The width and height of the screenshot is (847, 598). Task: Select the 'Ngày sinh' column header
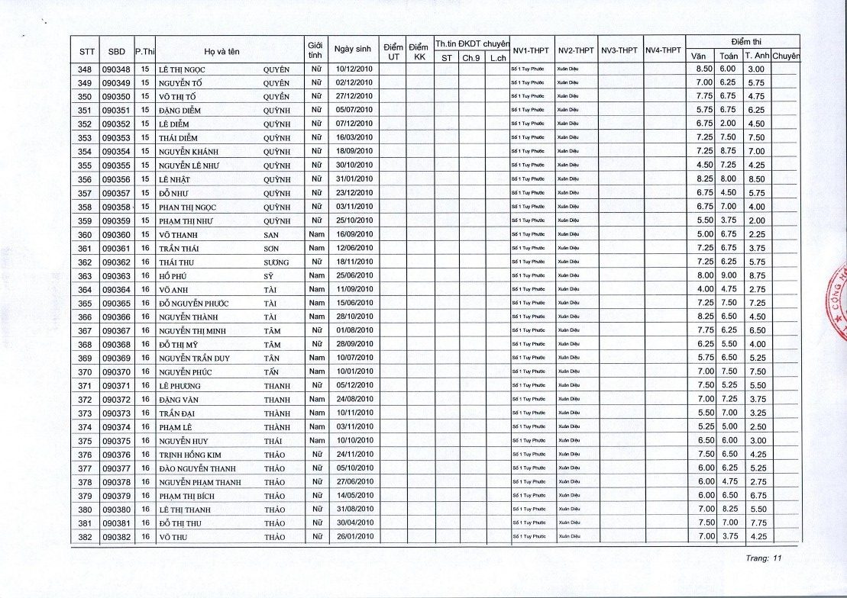click(x=353, y=50)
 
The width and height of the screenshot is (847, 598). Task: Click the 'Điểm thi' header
click(x=742, y=41)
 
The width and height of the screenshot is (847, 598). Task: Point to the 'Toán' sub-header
click(x=728, y=56)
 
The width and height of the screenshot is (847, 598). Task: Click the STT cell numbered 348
click(x=85, y=69)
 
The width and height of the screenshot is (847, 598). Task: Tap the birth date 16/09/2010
click(x=354, y=234)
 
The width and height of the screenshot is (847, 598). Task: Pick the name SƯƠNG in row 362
click(x=276, y=262)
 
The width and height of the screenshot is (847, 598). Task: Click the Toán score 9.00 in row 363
click(x=728, y=275)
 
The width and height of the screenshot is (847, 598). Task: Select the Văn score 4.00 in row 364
click(x=704, y=289)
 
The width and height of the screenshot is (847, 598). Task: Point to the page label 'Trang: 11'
click(x=765, y=558)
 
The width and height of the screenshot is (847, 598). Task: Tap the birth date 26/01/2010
click(x=354, y=537)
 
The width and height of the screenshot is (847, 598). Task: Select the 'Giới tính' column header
click(x=314, y=50)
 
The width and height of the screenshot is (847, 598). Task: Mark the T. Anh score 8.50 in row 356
click(x=756, y=179)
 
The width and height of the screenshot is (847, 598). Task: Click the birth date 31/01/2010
click(x=354, y=179)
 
